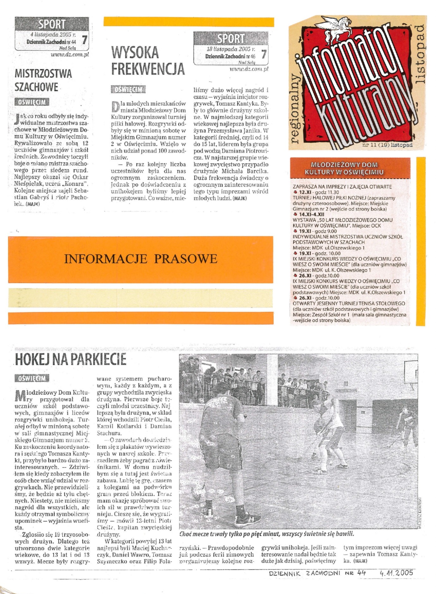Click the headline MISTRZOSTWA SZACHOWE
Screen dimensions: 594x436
click(x=43, y=80)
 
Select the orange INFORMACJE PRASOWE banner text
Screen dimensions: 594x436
click(x=140, y=259)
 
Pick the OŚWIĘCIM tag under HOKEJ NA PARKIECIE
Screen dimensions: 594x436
click(x=32, y=378)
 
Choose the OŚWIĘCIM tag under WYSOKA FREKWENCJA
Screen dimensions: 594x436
click(x=128, y=89)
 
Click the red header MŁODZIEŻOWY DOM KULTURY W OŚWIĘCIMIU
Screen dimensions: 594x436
click(x=344, y=168)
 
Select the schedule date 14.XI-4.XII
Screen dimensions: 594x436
click(x=311, y=214)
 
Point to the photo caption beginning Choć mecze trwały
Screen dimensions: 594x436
click(x=266, y=534)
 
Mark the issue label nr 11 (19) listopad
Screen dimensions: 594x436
click(x=387, y=145)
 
